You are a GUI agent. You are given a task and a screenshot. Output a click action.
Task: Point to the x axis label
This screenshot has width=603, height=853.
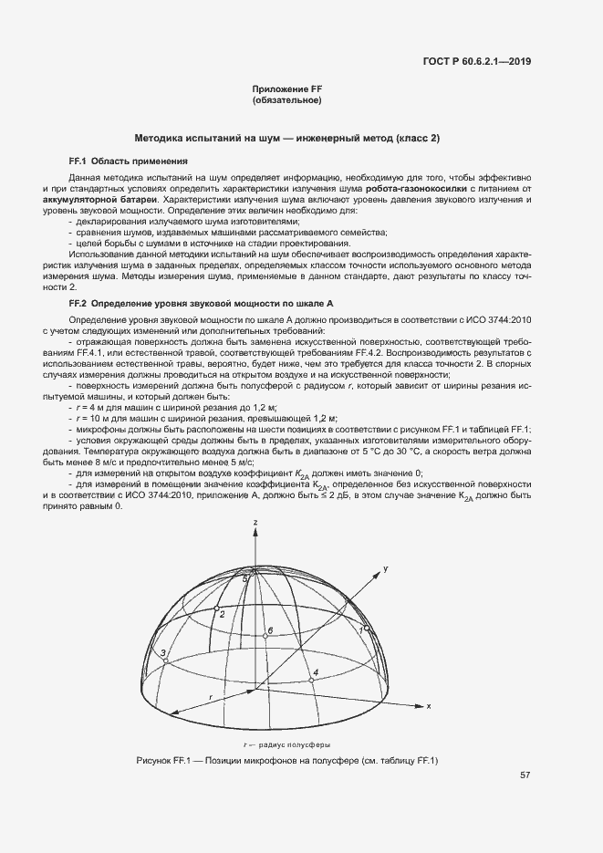point(428,705)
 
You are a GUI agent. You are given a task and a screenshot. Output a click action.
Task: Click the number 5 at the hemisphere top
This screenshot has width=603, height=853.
point(245,578)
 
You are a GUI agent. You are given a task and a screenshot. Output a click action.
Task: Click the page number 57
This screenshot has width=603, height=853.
point(525,775)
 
